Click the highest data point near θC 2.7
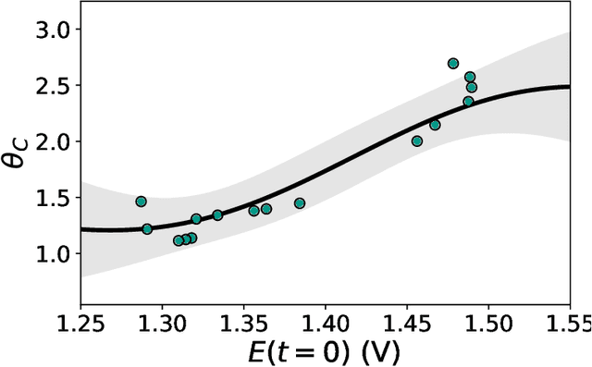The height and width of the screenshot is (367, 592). point(453,64)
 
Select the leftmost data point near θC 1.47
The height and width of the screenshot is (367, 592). point(141,202)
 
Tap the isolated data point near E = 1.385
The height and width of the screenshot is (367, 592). point(300,203)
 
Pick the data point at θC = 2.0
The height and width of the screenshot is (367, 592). point(417,141)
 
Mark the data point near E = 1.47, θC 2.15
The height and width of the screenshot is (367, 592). point(435,125)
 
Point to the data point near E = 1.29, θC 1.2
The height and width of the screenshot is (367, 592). point(147,229)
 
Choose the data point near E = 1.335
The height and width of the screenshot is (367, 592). point(217,215)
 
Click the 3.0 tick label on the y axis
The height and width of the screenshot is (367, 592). point(52,30)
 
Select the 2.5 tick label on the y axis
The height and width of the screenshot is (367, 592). point(52,86)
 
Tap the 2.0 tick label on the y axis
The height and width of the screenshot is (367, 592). point(52,141)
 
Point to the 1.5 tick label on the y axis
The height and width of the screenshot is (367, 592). point(52,198)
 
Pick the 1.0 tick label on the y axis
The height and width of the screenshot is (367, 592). point(52,253)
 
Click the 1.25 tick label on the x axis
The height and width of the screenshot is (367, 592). point(81,323)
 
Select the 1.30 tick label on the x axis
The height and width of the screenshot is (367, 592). point(163,323)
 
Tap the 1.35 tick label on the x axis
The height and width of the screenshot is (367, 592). point(243,323)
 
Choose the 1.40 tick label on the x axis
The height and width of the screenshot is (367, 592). point(325,323)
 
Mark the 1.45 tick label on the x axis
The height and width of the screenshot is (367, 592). point(406,323)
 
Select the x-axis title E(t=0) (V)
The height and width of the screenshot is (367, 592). point(325,352)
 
